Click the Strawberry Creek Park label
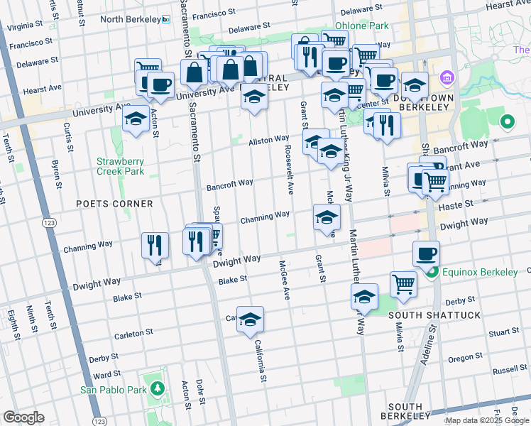point(120,166)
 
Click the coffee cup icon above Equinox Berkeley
point(426,254)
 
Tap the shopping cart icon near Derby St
point(403,284)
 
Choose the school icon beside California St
point(250,321)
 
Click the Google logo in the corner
point(23,417)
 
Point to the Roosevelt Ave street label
point(290,170)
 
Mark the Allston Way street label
point(268,141)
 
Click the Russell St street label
point(510,370)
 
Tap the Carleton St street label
point(134,332)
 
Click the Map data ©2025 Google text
point(486,420)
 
